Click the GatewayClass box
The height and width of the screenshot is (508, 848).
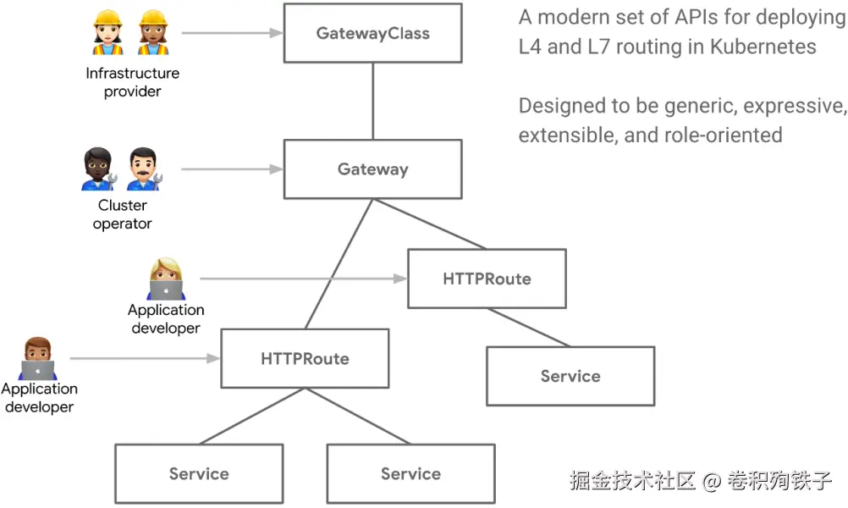click(x=372, y=34)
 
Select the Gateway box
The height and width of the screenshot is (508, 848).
click(x=372, y=168)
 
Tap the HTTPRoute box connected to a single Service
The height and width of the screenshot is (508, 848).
click(x=487, y=279)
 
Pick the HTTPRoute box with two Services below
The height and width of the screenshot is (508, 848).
click(x=305, y=358)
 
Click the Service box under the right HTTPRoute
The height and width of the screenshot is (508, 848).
click(x=570, y=376)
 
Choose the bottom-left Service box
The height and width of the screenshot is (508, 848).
click(x=199, y=474)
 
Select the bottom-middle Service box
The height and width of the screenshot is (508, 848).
click(x=410, y=474)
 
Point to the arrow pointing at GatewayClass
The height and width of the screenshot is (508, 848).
click(x=232, y=34)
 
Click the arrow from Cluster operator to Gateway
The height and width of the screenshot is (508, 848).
click(x=232, y=169)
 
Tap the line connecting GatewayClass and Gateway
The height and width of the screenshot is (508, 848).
click(x=372, y=101)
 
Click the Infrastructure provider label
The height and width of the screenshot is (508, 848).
click(x=133, y=82)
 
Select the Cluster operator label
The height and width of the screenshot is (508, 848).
click(x=123, y=214)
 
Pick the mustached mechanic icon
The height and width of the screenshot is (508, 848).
click(x=144, y=170)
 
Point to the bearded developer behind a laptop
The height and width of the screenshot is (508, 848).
click(x=37, y=359)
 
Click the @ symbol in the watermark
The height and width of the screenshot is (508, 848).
click(x=712, y=482)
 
